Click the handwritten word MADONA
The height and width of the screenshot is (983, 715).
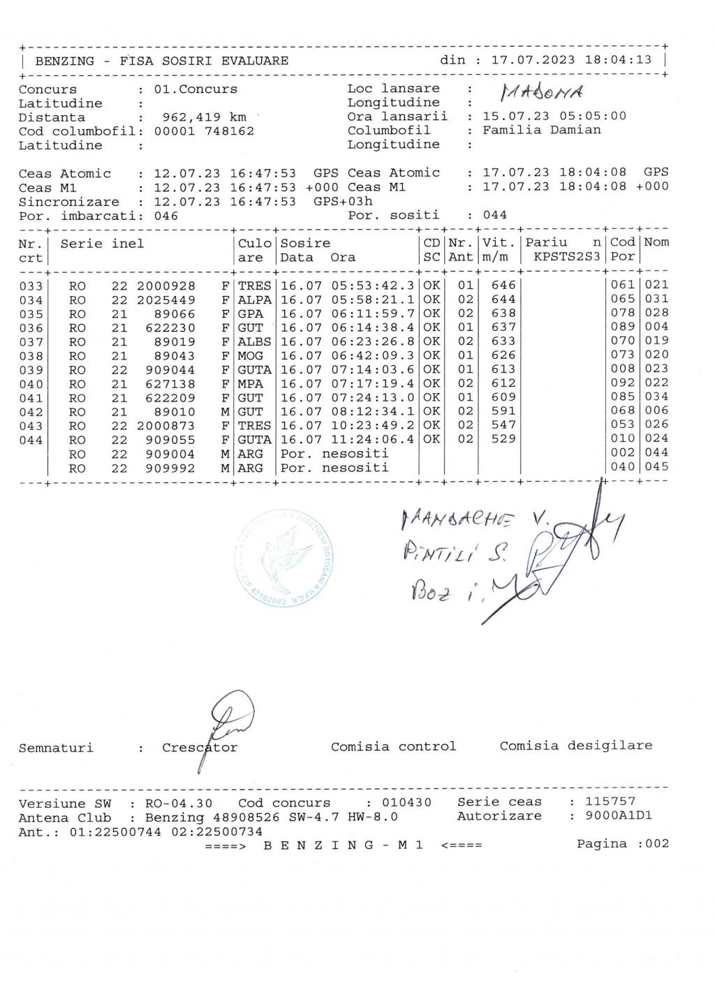[541, 94]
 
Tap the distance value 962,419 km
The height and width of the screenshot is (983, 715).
[204, 117]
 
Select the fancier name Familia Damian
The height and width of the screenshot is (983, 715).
[542, 130]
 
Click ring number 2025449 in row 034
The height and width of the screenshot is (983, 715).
[166, 300]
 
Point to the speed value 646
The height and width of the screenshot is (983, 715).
[503, 285]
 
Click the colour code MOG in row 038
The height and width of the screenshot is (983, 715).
[251, 356]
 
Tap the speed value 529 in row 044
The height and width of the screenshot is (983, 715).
[503, 438]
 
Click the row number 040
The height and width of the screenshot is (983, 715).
[31, 384]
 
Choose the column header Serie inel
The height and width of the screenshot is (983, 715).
[102, 244]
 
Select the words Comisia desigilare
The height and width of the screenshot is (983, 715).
[575, 746]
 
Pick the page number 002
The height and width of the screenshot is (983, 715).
[656, 843]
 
